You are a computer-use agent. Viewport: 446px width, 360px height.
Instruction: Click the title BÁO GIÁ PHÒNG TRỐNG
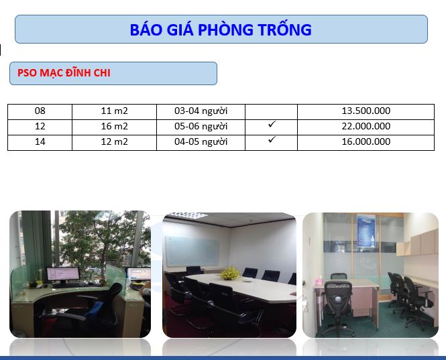(221, 29)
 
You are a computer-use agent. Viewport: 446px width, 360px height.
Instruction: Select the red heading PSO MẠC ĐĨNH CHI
(64, 73)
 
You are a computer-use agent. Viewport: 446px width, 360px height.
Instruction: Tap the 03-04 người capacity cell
(201, 111)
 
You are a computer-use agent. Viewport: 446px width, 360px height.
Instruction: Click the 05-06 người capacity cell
(201, 127)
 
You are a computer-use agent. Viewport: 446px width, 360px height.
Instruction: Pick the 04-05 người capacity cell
(201, 142)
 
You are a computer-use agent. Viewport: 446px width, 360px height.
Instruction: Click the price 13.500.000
(366, 111)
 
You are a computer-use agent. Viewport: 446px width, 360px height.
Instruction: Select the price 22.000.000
(366, 126)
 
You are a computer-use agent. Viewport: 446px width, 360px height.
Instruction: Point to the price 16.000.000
(366, 141)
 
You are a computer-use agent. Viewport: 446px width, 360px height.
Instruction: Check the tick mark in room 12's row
(272, 124)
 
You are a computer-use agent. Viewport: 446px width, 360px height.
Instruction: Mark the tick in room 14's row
(272, 139)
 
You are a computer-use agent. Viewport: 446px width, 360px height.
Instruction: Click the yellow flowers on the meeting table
(229, 273)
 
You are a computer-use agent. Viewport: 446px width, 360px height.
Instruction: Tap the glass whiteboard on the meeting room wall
(192, 251)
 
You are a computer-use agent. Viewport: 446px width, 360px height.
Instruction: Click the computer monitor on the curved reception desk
(63, 274)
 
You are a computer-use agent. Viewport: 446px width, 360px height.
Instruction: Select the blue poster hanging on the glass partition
(366, 231)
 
